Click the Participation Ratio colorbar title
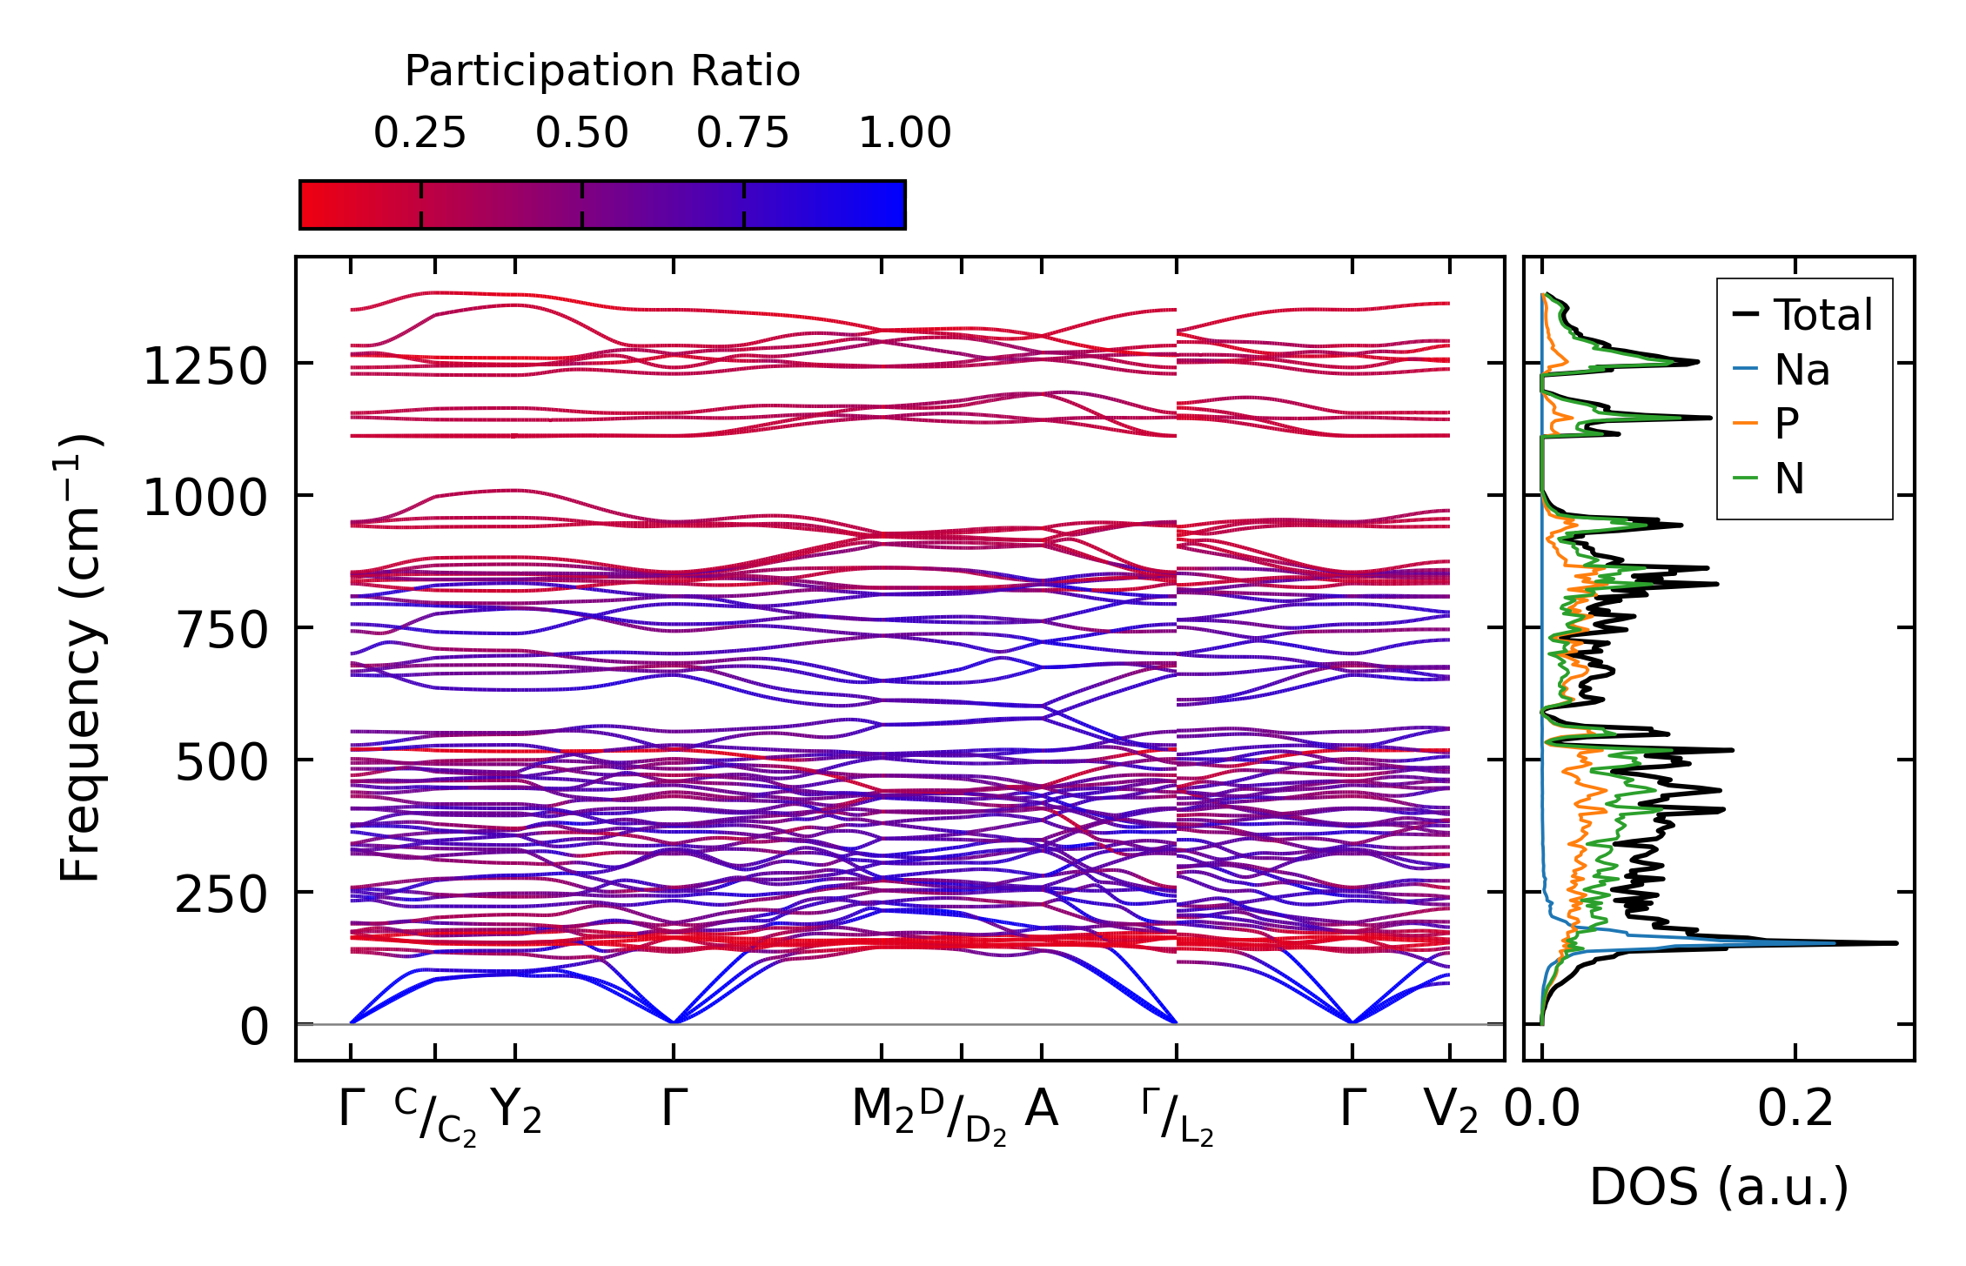602,71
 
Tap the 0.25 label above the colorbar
419,133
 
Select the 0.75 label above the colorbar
742,133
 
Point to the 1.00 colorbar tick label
904,133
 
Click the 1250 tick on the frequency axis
205,366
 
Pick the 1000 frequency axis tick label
205,499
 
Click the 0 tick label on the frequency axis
254,1027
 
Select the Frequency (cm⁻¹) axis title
81,658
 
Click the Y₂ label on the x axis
516,1111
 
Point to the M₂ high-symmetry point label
882,1111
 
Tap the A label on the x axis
1042,1109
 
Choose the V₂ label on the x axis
1451,1111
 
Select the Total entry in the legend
1822,314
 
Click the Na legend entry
1802,370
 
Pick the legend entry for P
1786,424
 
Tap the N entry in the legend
1788,479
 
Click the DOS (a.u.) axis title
1719,1187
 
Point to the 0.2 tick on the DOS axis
1795,1110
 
